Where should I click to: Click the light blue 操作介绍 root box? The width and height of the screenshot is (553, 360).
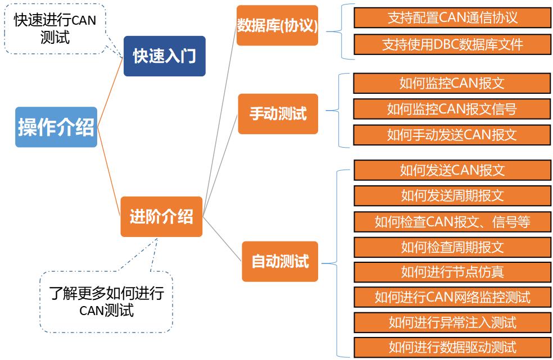(x=56, y=127)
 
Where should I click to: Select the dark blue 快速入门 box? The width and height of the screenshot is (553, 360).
(x=164, y=56)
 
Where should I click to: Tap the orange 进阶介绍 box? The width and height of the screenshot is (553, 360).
(x=161, y=216)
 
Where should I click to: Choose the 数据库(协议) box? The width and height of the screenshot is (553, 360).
(x=277, y=25)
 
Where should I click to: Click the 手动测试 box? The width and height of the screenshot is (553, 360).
(x=278, y=114)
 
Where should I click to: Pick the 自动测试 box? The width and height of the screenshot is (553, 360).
(x=280, y=261)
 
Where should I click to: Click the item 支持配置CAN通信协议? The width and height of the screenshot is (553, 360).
(x=452, y=17)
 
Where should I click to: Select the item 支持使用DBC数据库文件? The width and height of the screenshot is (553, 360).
(x=452, y=44)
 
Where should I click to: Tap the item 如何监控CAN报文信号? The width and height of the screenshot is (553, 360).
(x=452, y=109)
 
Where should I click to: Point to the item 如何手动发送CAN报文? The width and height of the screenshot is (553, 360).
(x=452, y=135)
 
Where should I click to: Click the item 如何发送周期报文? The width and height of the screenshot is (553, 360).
(x=453, y=195)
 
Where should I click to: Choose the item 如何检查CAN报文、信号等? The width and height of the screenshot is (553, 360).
(x=453, y=222)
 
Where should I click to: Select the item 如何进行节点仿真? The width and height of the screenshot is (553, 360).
(x=453, y=272)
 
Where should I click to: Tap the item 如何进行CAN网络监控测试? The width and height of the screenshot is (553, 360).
(x=453, y=297)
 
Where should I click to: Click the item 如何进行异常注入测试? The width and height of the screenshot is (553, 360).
(x=453, y=322)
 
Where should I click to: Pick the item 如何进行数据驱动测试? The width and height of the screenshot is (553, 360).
(x=453, y=348)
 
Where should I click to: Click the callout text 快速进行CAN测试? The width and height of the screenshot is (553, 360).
(x=55, y=29)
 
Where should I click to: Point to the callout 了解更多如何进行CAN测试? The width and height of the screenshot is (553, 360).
(x=107, y=302)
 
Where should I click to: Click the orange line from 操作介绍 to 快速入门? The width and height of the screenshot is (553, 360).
(x=110, y=92)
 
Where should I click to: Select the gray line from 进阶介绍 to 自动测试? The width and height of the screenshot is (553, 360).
(x=222, y=239)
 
